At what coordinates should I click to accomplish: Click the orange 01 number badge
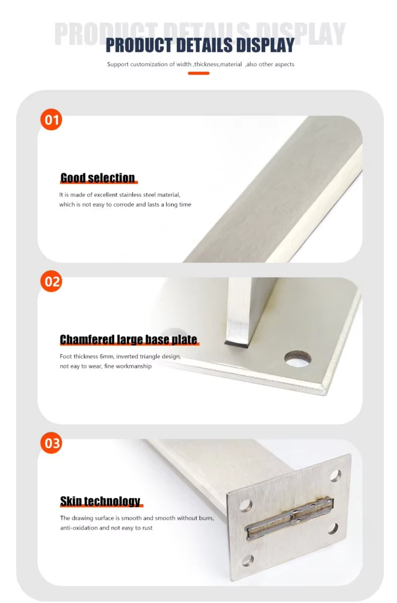tap(51, 120)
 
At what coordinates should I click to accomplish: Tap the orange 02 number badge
tap(51, 281)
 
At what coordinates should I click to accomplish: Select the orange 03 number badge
tap(51, 443)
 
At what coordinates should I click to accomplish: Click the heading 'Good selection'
tap(97, 178)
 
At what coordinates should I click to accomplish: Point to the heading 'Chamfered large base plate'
tap(129, 340)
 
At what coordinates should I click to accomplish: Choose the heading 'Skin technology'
tap(100, 501)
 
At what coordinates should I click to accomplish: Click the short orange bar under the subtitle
tap(198, 73)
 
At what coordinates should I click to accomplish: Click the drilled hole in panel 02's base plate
tap(298, 359)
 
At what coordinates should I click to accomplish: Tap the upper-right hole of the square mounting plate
tap(336, 476)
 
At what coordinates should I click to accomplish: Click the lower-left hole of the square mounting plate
tap(248, 561)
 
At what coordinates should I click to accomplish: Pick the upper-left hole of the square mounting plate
tap(246, 506)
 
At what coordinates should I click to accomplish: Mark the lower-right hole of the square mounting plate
tap(333, 528)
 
